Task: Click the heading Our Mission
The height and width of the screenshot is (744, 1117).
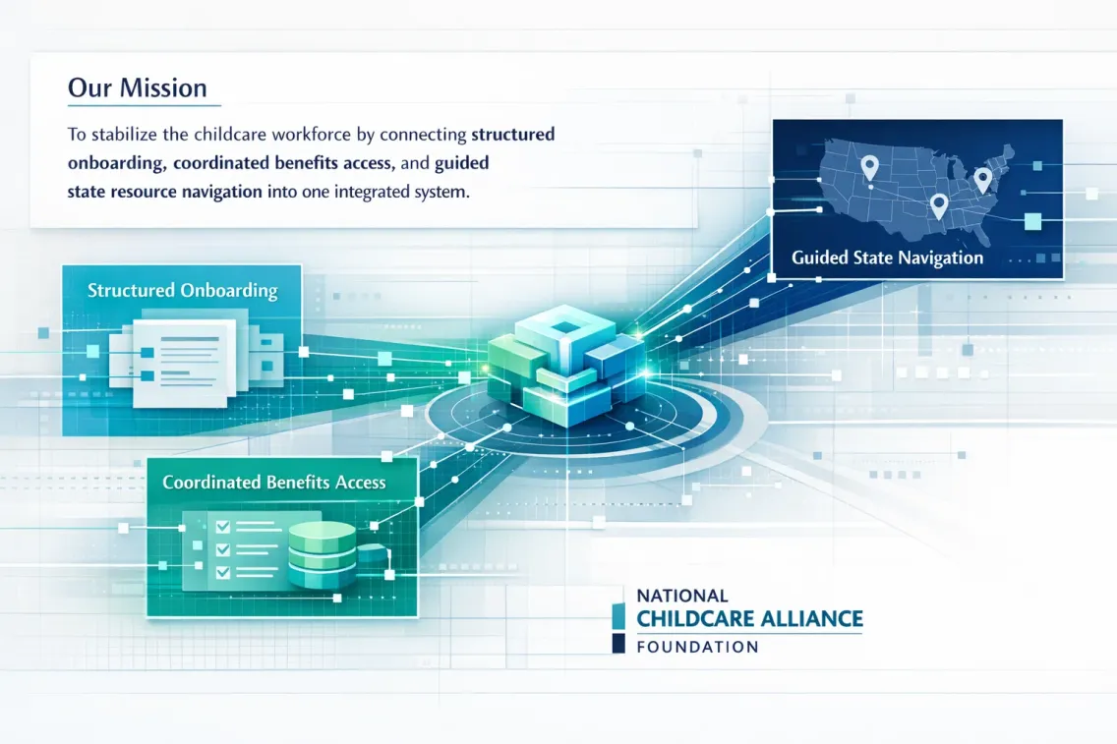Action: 138,87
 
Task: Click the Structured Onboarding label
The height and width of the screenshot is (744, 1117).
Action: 182,291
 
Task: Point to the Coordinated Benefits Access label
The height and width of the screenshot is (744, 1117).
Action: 274,483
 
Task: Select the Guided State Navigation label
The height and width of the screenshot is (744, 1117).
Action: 887,258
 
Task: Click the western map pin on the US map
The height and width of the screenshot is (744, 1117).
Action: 869,169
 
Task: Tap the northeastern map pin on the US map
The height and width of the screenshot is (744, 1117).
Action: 982,181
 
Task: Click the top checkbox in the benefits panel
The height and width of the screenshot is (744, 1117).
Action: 223,526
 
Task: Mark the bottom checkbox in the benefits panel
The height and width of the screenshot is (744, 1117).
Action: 223,572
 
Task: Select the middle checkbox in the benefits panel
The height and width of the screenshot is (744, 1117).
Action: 223,549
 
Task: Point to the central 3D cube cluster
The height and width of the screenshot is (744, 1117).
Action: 566,366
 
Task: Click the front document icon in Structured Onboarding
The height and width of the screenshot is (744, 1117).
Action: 184,362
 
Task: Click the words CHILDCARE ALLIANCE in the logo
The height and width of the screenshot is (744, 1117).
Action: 749,619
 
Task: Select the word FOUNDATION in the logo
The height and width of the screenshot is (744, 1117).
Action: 697,647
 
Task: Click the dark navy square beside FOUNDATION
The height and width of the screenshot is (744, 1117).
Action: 618,644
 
